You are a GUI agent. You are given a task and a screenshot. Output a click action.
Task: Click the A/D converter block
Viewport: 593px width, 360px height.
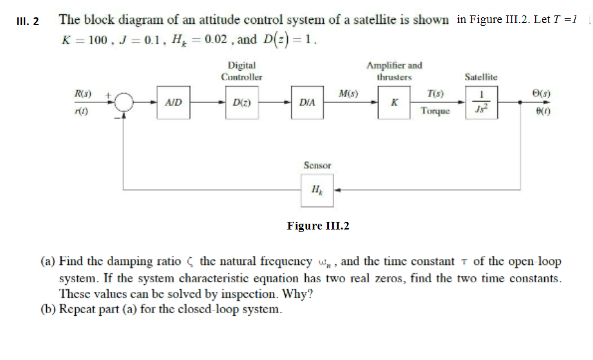tap(173, 103)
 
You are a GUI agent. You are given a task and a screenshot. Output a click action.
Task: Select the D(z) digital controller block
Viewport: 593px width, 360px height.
tap(241, 103)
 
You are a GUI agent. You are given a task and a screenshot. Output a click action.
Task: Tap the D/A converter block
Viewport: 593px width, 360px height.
tap(307, 103)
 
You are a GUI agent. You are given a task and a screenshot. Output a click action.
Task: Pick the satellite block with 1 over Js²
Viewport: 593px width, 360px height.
tap(477, 103)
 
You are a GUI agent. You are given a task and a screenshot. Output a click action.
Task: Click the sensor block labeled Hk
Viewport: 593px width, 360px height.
tap(317, 190)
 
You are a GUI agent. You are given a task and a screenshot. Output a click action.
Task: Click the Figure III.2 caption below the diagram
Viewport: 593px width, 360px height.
tap(318, 226)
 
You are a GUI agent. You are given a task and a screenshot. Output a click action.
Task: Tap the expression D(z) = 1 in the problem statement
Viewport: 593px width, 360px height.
tap(287, 40)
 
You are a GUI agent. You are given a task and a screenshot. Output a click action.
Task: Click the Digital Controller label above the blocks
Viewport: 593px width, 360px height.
tap(241, 71)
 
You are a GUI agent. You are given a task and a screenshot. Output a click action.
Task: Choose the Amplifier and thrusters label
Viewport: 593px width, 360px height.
tap(394, 71)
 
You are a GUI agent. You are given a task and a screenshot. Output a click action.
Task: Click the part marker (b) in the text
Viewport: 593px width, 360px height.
tap(49, 308)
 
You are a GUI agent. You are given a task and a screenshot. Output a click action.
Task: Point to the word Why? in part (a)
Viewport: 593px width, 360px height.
tap(300, 294)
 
